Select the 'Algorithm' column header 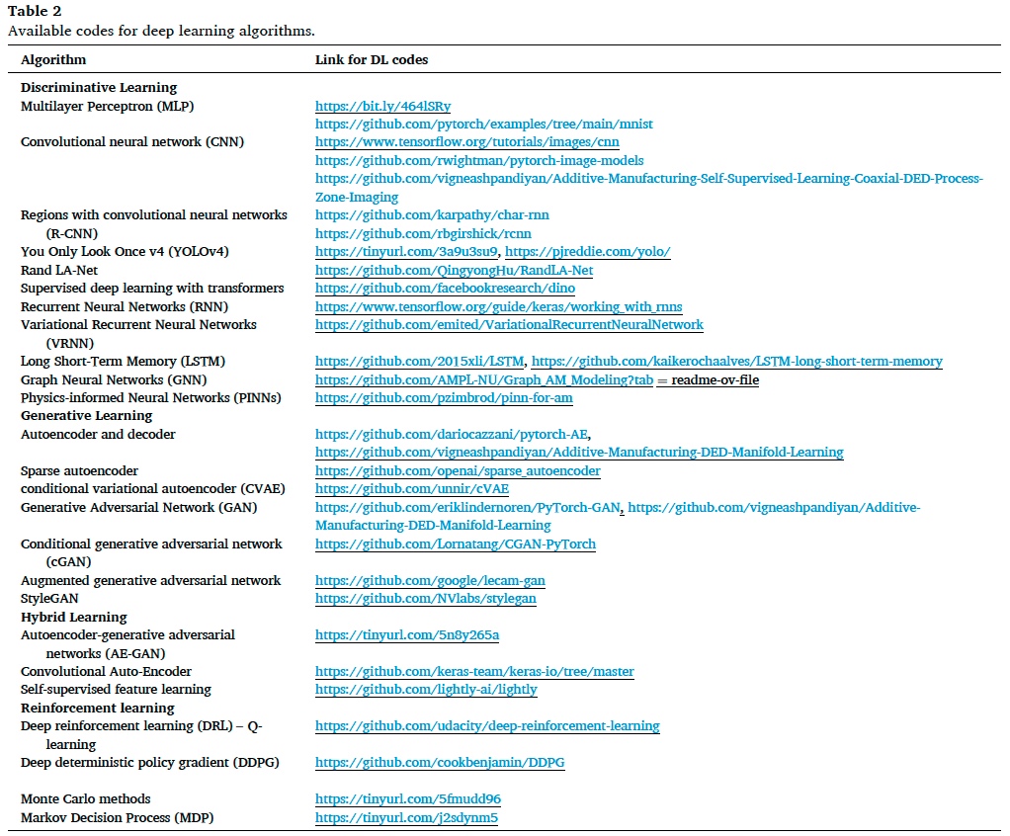click(52, 60)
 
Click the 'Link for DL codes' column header click(371, 60)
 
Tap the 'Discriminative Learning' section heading click(99, 87)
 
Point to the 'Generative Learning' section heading click(86, 416)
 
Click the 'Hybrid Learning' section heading click(74, 617)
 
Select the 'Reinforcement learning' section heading click(98, 708)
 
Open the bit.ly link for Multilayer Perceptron click(382, 106)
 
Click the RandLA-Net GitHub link click(454, 270)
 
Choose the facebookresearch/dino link click(445, 289)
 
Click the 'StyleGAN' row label click(49, 599)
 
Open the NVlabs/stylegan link click(426, 599)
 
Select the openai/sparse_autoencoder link click(458, 471)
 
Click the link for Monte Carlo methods click(400, 798)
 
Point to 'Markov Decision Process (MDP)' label click(117, 817)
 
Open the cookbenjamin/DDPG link click(440, 763)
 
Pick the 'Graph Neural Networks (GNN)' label click(113, 379)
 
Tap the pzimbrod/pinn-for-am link click(444, 398)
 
